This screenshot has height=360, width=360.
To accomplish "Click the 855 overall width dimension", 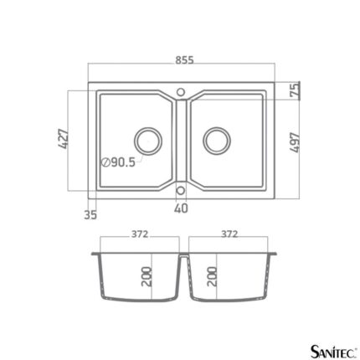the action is tap(184, 60).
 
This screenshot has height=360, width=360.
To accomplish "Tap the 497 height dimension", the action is tap(295, 142).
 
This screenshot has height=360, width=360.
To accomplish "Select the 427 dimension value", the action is tap(64, 139).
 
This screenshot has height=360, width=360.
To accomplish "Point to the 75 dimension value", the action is tap(295, 90).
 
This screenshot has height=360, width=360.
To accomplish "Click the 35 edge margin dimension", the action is tap(90, 214).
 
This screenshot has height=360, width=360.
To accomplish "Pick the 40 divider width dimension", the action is tap(181, 208).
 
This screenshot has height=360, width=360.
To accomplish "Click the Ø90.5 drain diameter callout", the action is tap(118, 162).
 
